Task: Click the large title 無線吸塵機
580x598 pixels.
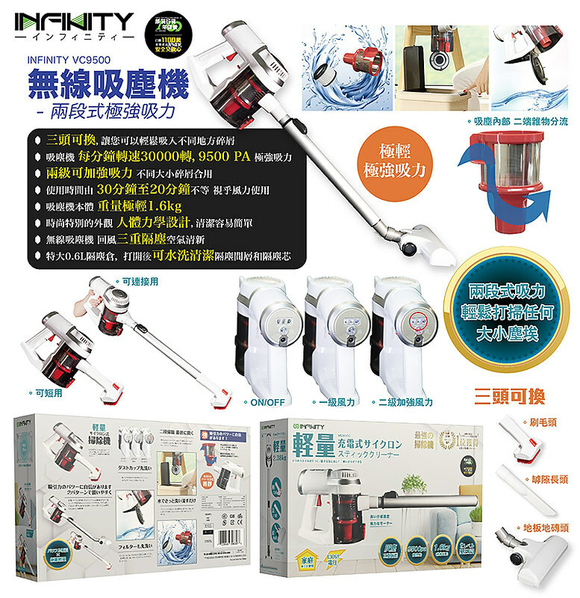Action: tap(107, 86)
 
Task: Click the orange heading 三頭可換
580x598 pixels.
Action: tap(508, 393)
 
